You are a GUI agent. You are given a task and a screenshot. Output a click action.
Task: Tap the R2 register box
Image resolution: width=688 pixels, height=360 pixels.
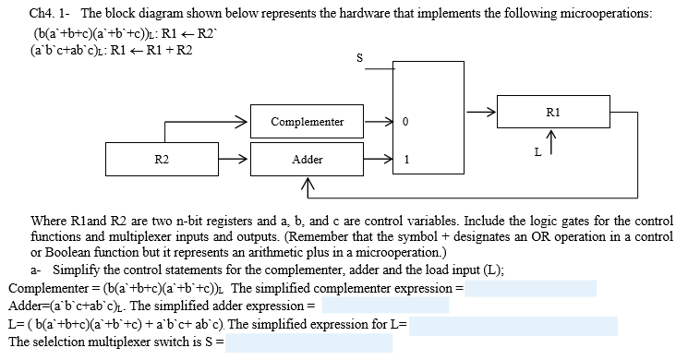coord(161,160)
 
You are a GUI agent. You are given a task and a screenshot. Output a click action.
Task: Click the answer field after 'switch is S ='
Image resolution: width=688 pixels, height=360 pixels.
coord(309,342)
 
